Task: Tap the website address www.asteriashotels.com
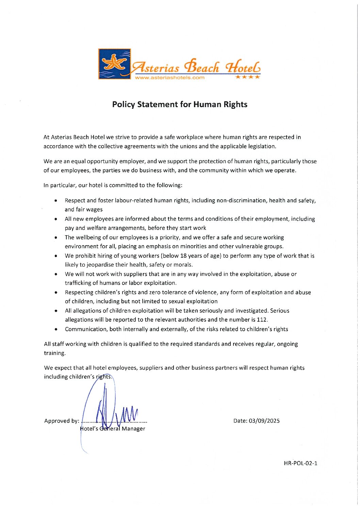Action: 170,78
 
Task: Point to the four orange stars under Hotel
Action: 248,77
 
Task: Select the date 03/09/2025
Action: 264,421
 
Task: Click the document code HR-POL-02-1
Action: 300,463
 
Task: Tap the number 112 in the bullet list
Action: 262,320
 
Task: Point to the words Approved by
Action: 61,421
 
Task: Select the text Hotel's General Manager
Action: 113,429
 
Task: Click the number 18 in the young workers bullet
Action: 183,256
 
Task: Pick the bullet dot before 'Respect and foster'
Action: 55,201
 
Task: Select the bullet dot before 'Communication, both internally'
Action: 55,329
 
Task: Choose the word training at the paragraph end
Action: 54,353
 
